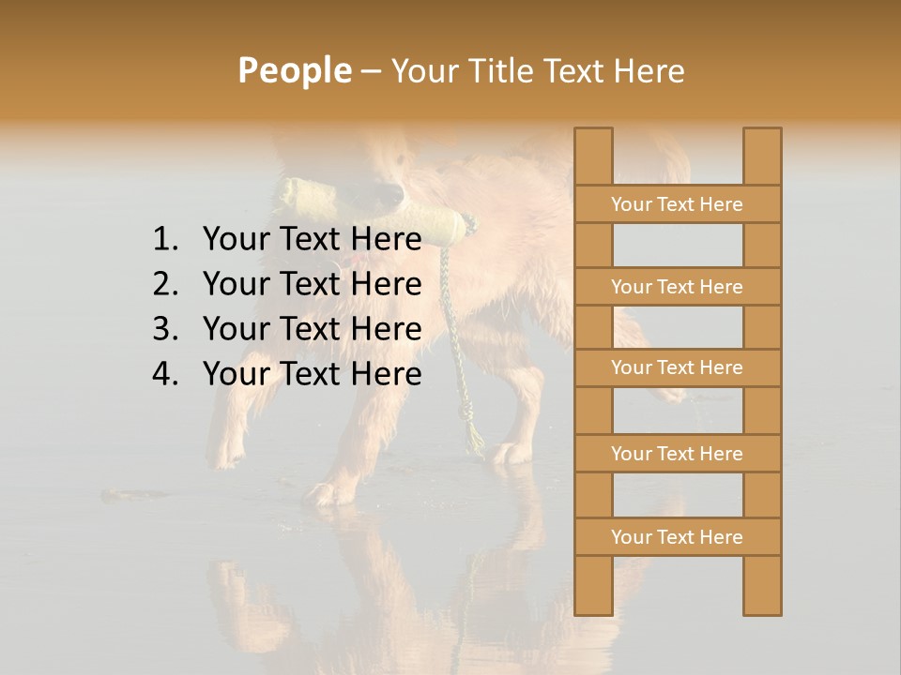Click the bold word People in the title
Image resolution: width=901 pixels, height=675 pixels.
(x=294, y=70)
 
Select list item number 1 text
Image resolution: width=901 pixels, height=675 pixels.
(x=312, y=240)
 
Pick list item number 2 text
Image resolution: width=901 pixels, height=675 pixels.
(x=312, y=284)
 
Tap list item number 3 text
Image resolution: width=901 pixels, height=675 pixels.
(x=312, y=329)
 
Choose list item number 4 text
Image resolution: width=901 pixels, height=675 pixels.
(x=312, y=374)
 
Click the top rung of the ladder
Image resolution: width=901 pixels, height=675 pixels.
(x=677, y=204)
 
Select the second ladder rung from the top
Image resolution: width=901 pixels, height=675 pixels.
(x=677, y=287)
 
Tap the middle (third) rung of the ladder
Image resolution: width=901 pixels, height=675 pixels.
(x=677, y=368)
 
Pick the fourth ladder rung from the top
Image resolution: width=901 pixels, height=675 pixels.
(x=677, y=454)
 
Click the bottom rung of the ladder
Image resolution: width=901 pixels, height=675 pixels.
(x=677, y=537)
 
